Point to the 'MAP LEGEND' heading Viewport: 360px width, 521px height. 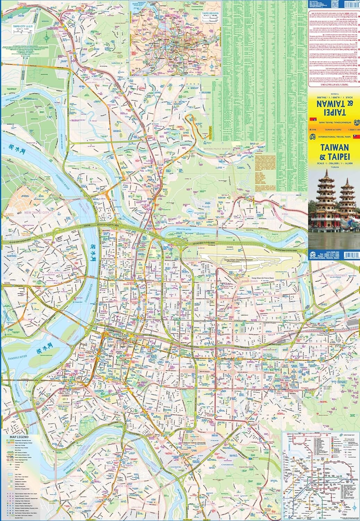coord(19,437)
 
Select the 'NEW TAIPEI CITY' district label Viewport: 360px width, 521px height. coord(37,212)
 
